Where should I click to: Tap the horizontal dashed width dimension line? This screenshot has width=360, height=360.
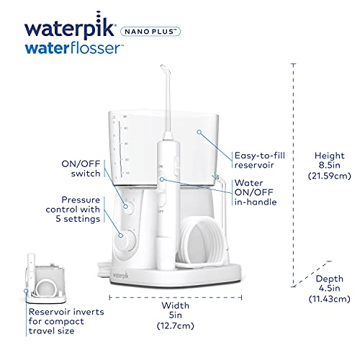171,295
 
